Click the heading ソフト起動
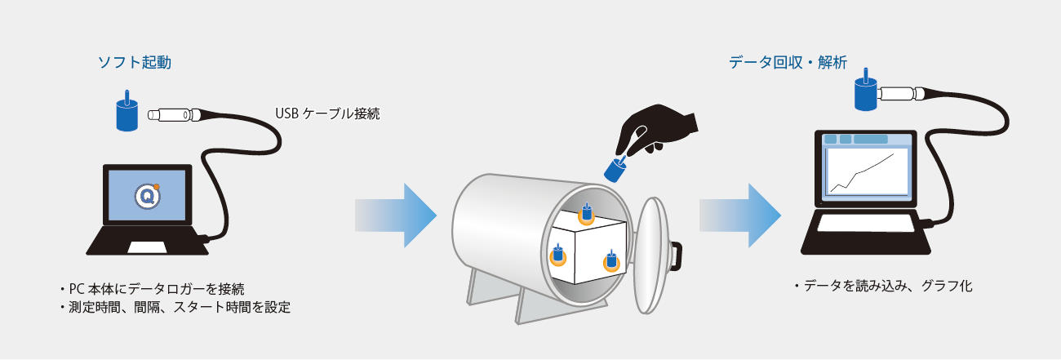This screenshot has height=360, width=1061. tap(135, 63)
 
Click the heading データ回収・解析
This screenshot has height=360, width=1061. tap(788, 63)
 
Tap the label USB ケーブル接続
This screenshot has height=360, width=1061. tap(327, 113)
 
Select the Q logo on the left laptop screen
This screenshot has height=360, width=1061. tap(147, 195)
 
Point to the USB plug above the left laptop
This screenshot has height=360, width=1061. tap(175, 115)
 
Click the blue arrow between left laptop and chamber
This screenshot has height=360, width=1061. tap(396, 216)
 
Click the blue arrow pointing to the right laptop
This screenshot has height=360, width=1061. tap(740, 216)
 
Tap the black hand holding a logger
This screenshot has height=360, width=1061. tap(656, 131)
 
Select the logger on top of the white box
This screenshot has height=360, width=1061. tap(587, 214)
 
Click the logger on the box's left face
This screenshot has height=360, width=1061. tap(558, 255)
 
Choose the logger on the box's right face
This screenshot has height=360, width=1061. tap(611, 260)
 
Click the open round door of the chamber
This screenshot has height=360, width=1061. tap(650, 256)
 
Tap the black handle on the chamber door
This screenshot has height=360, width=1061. tap(676, 255)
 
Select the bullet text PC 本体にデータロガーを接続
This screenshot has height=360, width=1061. tap(152, 289)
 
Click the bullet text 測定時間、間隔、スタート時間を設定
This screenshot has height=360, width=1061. tap(175, 308)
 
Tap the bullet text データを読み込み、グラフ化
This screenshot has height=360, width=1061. tap(883, 286)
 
